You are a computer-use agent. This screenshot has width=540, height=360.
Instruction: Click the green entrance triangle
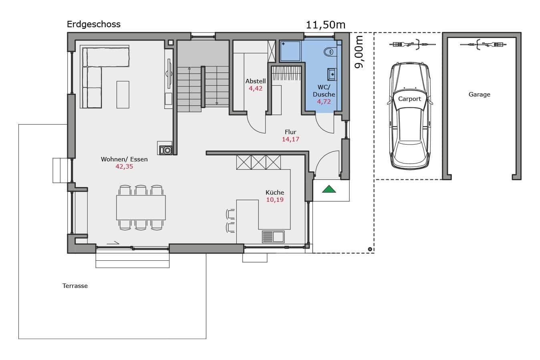pos(329,189)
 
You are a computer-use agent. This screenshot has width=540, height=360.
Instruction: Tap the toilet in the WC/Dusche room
pos(329,52)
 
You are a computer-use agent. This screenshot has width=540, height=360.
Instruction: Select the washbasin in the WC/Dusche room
pos(332,74)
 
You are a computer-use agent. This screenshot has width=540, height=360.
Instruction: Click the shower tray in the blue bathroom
pos(291,51)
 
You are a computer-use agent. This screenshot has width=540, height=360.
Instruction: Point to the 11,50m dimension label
pos(325,25)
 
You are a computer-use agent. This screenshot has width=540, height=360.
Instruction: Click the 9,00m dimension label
pos(359,52)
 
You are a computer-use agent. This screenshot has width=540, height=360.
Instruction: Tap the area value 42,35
pos(124,167)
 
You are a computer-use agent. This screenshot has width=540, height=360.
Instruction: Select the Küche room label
pos(275,192)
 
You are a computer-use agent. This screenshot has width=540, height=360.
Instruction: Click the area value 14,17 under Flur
pos(290,139)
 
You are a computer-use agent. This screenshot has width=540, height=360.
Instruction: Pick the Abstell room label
pos(256,81)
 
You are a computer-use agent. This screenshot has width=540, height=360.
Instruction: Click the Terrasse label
pos(75,286)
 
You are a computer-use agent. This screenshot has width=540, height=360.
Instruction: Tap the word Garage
pos(479,95)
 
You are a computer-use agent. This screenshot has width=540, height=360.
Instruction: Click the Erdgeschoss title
pos(93,24)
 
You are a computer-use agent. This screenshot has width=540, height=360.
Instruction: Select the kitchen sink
pos(273,237)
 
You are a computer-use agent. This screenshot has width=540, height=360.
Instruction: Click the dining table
pos(141,207)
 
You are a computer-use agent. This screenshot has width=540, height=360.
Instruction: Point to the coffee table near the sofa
pos(123,95)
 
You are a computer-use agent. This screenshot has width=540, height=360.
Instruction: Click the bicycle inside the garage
pos(483,44)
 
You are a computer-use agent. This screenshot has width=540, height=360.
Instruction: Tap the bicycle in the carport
pos(413,44)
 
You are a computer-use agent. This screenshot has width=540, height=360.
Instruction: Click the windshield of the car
pos(410,99)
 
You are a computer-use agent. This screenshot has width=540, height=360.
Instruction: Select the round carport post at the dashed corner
pos(370,249)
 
